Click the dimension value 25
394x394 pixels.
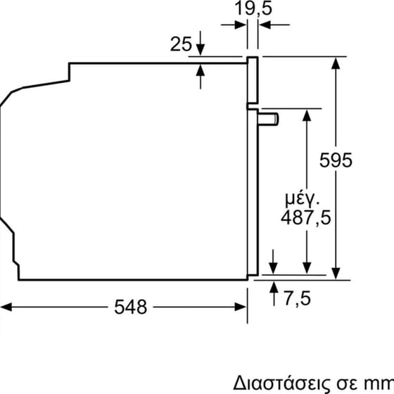click(x=181, y=44)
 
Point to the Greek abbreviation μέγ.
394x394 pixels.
click(x=303, y=193)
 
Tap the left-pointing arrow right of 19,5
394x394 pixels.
click(x=267, y=25)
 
